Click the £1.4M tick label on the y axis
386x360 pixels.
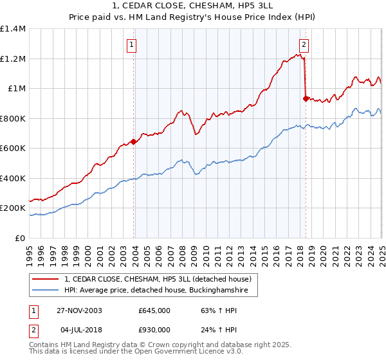[x=13, y=29]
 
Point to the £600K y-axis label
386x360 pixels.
[x=13, y=148]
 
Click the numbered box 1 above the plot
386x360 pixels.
[x=131, y=45]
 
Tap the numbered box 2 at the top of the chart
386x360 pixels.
[x=303, y=45]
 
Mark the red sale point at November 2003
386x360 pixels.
[x=133, y=141]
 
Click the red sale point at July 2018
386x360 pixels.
[x=305, y=98]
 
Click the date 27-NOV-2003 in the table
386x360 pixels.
[x=77, y=310]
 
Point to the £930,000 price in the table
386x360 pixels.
[x=154, y=330]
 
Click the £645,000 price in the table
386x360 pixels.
[x=154, y=310]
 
